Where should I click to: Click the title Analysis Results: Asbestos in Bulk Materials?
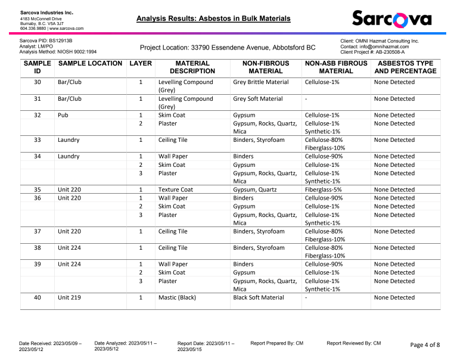click(x=213, y=18)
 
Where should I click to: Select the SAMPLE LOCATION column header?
click(x=91, y=63)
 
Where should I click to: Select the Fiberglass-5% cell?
click(x=325, y=190)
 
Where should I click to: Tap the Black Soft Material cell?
click(x=258, y=297)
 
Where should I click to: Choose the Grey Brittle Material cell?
click(x=260, y=82)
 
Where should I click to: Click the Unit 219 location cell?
click(x=69, y=297)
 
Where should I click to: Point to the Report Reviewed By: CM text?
click(x=353, y=343)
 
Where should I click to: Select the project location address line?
click(x=228, y=47)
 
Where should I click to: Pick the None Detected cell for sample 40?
click(x=394, y=297)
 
